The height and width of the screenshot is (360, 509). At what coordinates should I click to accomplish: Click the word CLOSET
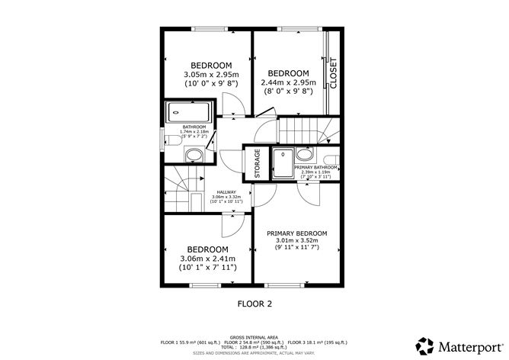pyautogui.click(x=333, y=73)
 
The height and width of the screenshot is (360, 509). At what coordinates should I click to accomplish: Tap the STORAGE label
pyautogui.click(x=257, y=163)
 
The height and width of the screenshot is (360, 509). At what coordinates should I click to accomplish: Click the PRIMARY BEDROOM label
pyautogui.click(x=296, y=233)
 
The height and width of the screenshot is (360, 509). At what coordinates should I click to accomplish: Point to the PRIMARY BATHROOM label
pyautogui.click(x=315, y=166)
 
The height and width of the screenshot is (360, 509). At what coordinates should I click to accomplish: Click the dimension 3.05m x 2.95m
pyautogui.click(x=211, y=74)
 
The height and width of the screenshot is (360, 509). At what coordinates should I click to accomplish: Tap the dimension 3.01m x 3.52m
pyautogui.click(x=296, y=242)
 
